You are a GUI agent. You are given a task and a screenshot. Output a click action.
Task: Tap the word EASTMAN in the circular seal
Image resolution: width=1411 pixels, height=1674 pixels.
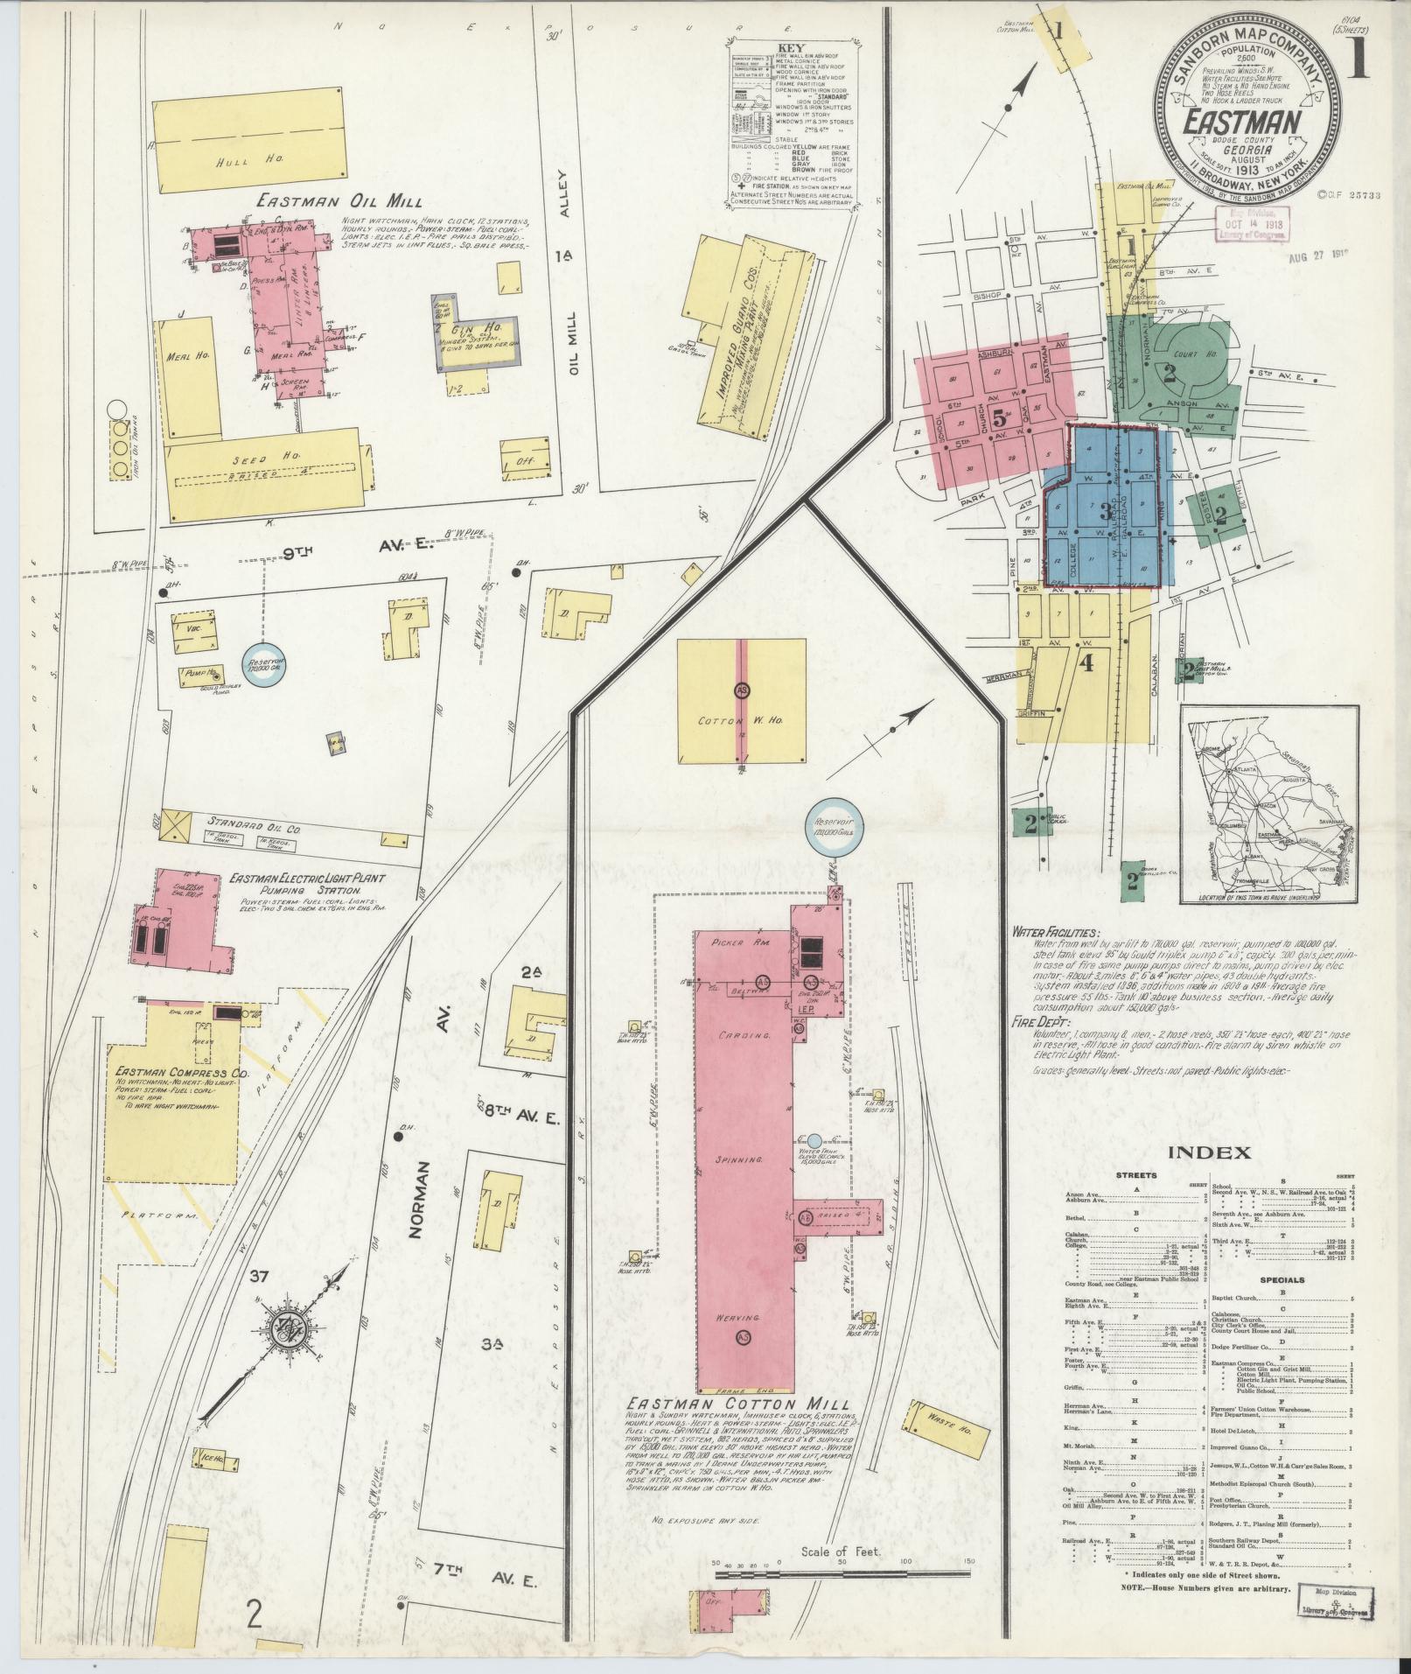[1240, 122]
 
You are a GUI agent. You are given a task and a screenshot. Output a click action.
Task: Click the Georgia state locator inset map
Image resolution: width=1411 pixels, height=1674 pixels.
[1268, 805]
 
